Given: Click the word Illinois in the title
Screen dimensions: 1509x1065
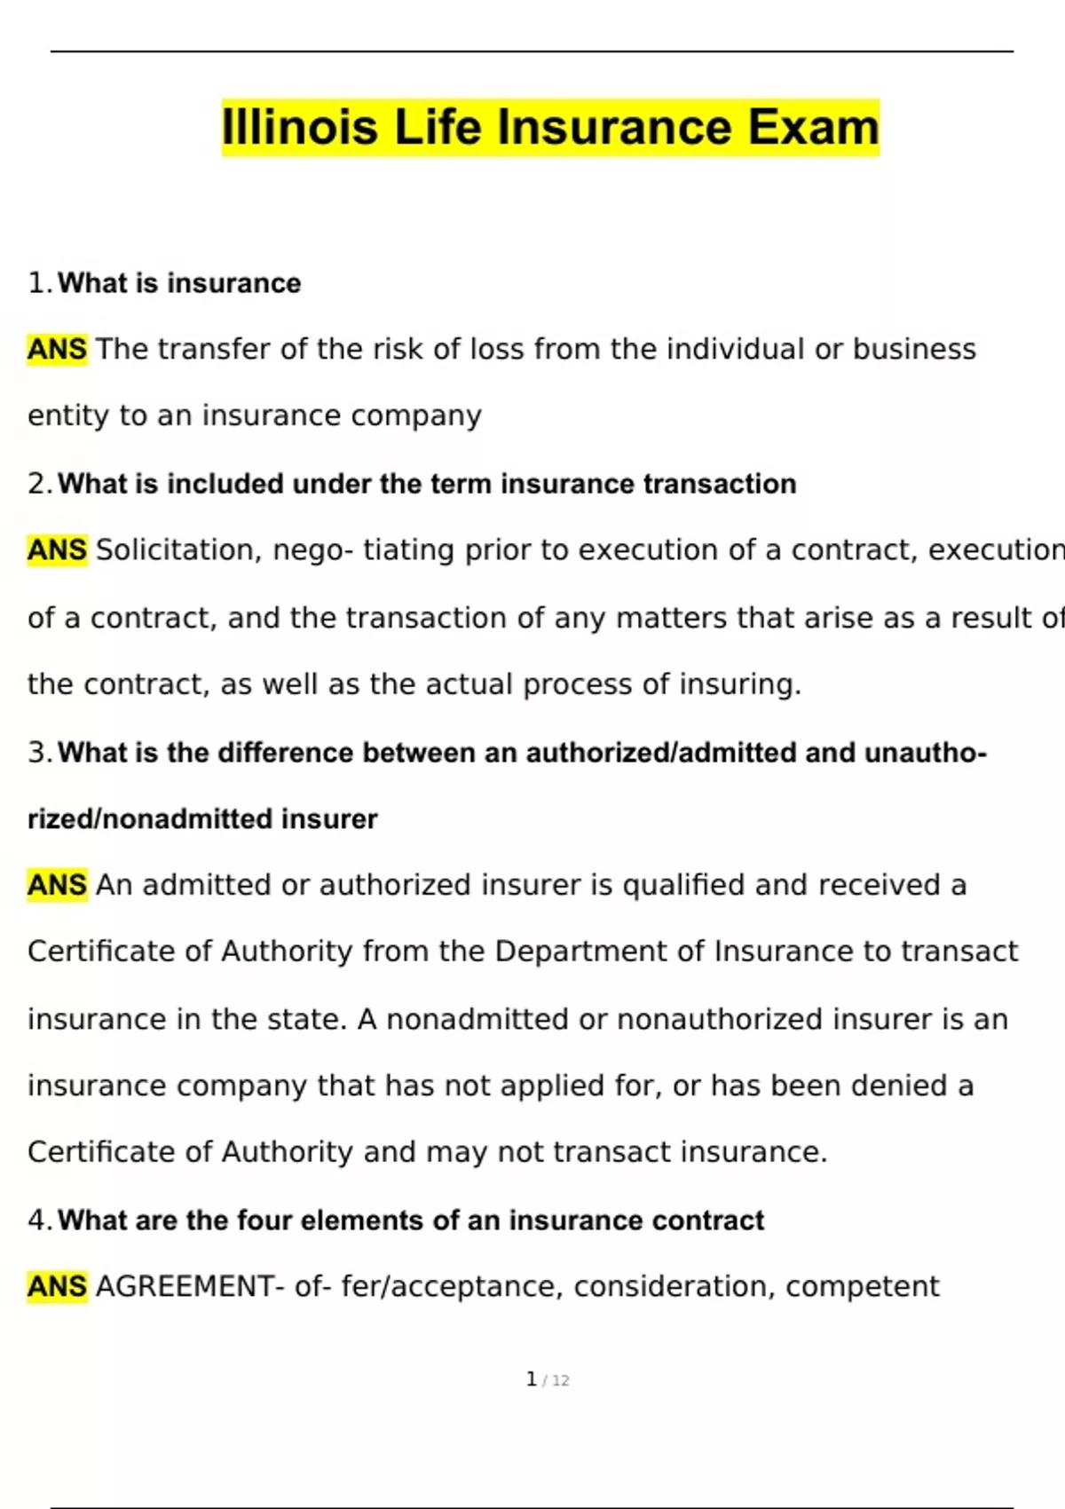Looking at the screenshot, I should click(x=302, y=127).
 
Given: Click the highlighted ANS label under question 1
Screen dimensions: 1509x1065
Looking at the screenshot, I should click(x=57, y=350).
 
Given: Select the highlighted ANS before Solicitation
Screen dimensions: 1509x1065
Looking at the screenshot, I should click(x=57, y=550).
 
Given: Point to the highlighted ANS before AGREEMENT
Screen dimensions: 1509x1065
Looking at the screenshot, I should click(x=57, y=1286).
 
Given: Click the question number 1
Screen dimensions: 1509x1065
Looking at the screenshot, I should click(x=37, y=283).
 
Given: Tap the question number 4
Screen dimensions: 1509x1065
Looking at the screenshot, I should click(x=37, y=1221).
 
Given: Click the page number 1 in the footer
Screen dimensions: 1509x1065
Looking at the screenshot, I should click(x=531, y=1379).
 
